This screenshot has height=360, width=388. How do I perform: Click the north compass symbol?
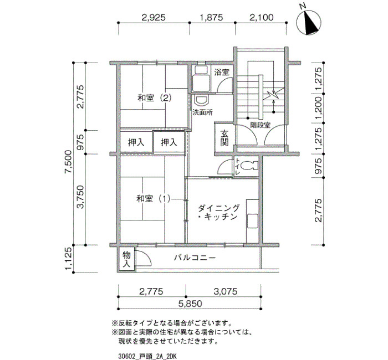[x=309, y=22]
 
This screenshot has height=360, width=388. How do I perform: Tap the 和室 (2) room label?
[x=155, y=98]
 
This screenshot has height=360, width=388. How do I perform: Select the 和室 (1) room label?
[x=154, y=198]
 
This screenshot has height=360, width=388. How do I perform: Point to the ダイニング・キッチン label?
[x=218, y=212]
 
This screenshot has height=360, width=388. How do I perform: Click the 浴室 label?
[x=222, y=73]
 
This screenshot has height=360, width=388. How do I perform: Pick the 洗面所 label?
[x=203, y=112]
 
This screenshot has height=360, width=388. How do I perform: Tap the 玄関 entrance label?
[x=224, y=138]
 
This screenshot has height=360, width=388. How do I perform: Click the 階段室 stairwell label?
[x=260, y=125]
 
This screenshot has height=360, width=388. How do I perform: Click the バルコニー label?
[x=195, y=258]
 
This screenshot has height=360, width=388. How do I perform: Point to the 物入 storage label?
[x=126, y=259]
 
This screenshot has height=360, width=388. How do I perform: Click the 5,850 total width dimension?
[x=190, y=304]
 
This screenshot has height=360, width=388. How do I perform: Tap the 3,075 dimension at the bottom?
[x=226, y=291]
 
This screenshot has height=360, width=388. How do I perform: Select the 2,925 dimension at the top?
[x=154, y=17]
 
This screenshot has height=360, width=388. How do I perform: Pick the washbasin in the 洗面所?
[x=202, y=101]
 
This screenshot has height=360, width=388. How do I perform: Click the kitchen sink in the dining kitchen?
[x=252, y=222]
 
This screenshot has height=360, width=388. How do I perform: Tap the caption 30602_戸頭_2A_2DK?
[x=147, y=357]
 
